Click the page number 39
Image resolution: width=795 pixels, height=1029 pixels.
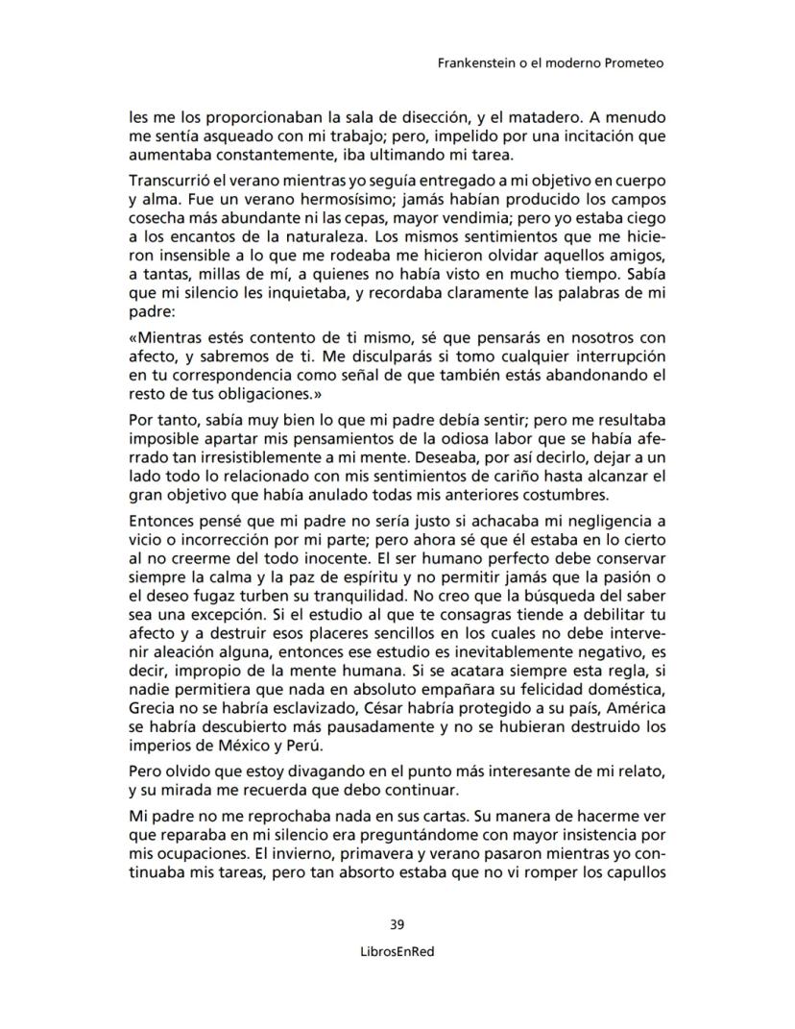397,925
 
